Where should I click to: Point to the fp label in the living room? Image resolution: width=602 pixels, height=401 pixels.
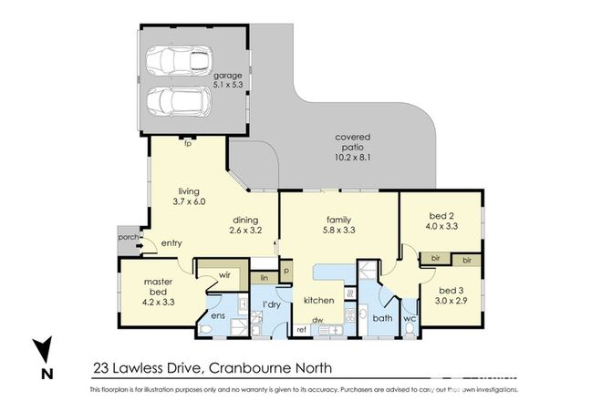[x=187, y=144]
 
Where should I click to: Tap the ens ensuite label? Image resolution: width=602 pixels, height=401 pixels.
[x=218, y=316]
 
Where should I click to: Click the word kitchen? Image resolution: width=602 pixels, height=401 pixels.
[x=317, y=300]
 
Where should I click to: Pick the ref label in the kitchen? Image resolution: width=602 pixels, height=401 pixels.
[x=302, y=329]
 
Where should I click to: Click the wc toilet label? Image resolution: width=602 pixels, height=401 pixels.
[x=410, y=319]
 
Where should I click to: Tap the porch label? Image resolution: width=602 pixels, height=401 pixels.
[x=128, y=238]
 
